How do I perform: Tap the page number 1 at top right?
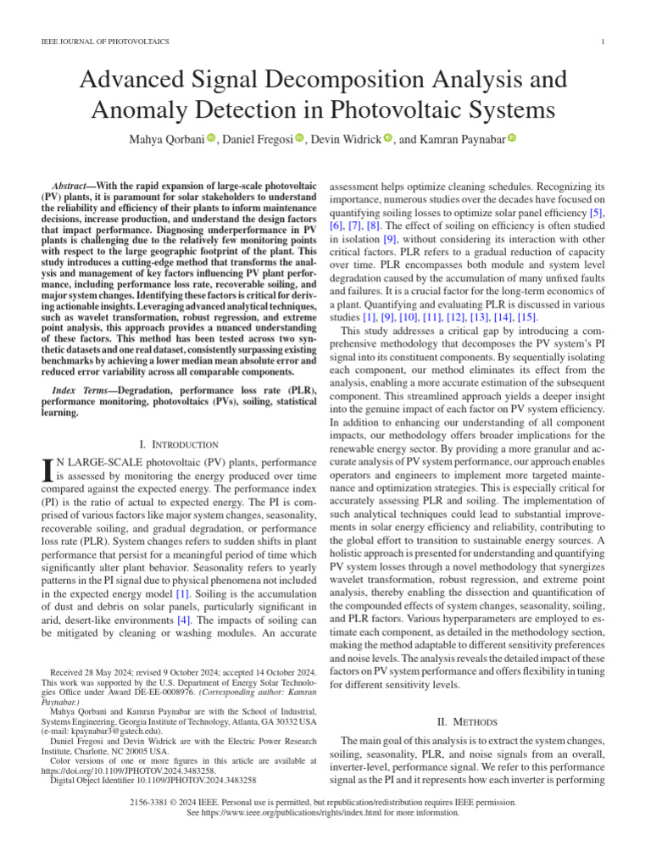click(601, 42)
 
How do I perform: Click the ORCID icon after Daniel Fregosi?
click(299, 138)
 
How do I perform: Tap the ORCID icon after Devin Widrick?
click(387, 138)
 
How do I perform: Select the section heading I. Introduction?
click(179, 444)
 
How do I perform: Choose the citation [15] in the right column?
click(526, 316)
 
